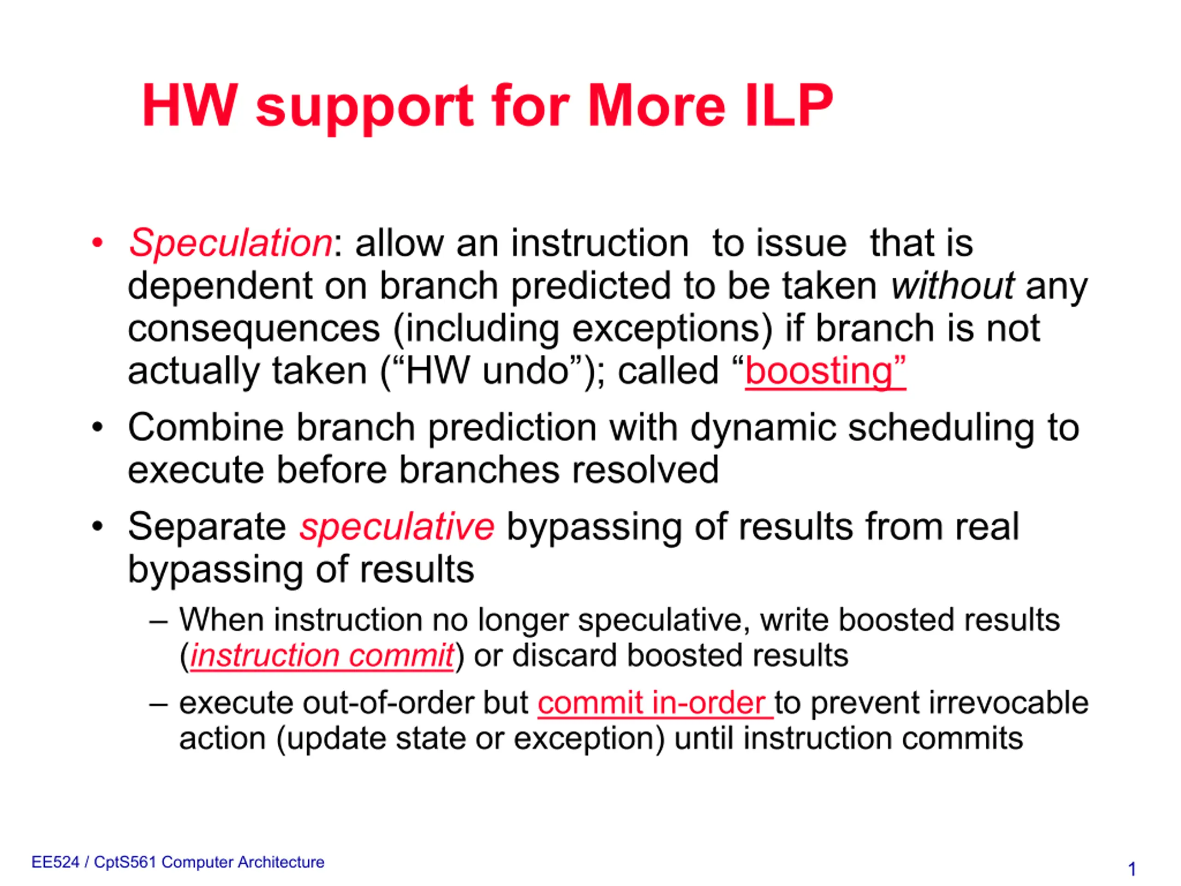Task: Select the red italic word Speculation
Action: pyautogui.click(x=231, y=244)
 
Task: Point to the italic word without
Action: pyautogui.click(x=952, y=286)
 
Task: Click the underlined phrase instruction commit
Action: pyautogui.click(x=322, y=656)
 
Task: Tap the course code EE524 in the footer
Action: pyautogui.click(x=55, y=862)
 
